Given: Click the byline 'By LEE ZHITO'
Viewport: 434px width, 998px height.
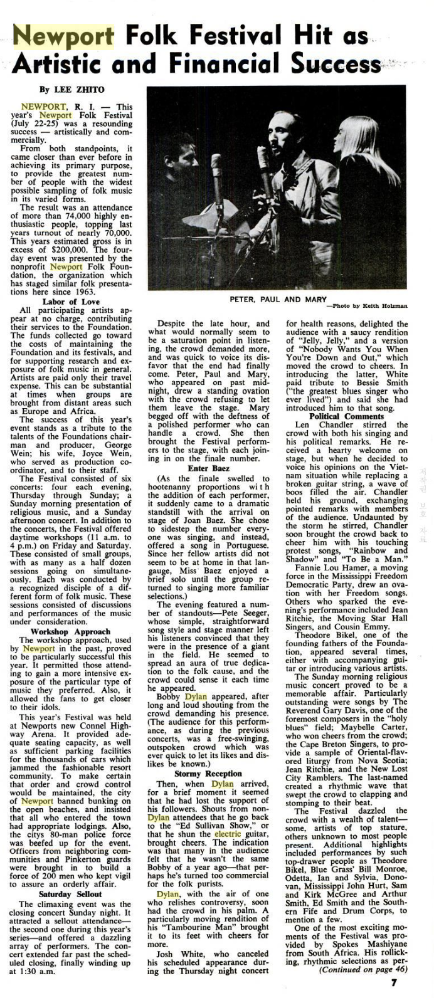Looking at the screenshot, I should click(x=65, y=90).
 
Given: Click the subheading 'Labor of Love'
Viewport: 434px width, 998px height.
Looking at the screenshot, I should click(x=71, y=302).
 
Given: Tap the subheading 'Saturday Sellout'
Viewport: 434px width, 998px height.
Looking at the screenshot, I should click(x=70, y=893).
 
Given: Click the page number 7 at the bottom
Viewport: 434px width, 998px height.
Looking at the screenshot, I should click(x=394, y=982).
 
